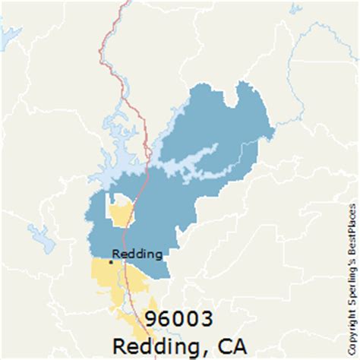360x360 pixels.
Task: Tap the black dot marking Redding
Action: click(x=110, y=262)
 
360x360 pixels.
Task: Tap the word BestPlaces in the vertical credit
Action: click(x=351, y=228)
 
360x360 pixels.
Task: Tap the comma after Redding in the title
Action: click(x=210, y=351)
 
